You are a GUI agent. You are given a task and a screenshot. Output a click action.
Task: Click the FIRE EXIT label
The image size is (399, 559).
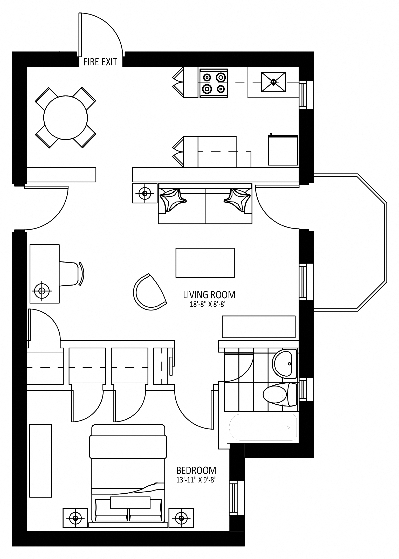tap(100, 62)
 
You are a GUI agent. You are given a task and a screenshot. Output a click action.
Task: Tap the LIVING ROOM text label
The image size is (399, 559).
tap(209, 295)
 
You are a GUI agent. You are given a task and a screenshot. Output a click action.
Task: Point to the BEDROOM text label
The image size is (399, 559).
tap(196, 470)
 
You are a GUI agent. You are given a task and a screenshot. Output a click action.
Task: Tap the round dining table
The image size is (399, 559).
tap(65, 118)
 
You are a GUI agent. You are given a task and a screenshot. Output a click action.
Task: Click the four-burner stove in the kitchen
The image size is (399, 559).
tap(214, 83)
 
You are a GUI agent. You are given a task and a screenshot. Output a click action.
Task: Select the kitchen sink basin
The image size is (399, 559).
tap(273, 82)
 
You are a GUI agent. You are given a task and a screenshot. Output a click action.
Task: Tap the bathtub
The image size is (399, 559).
tap(263, 427)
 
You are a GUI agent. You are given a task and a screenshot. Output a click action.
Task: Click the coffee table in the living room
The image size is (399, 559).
tap(205, 263)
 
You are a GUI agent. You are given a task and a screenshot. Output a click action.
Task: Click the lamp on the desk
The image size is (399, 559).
tap(42, 291)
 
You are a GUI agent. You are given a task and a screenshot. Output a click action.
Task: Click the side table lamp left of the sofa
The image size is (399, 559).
tap(145, 193)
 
